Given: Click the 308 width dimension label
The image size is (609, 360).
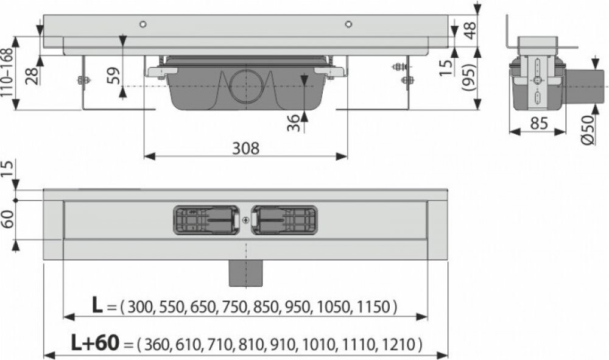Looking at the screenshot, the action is click(245, 148).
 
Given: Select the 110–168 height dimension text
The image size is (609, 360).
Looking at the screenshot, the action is click(8, 73).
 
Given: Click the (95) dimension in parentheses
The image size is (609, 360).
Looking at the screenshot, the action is click(469, 77).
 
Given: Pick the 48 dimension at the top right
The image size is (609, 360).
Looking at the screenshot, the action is click(470, 30).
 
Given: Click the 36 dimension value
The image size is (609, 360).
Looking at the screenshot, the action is click(294, 122).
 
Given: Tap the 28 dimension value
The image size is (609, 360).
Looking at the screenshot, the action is click(33, 76).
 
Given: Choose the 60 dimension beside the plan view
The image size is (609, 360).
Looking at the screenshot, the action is click(8, 219).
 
